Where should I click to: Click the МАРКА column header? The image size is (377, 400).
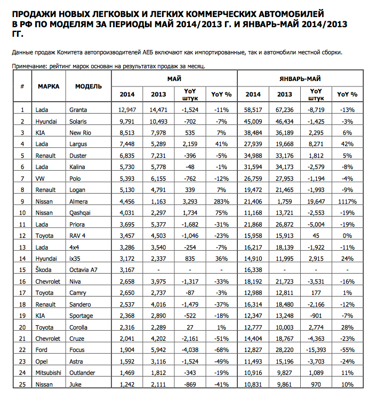[x=49, y=86]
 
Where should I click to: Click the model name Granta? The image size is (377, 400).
[x=78, y=110]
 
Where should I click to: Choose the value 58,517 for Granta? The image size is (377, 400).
[x=253, y=110]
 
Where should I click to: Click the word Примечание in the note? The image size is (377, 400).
[x=30, y=66]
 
